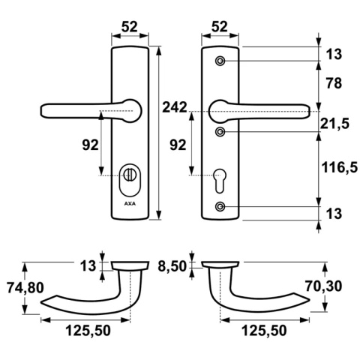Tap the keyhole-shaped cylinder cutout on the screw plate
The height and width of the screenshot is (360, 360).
pos(220,177)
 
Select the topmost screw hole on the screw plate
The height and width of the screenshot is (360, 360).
pos(220,60)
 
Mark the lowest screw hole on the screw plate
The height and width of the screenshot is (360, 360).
pos(220,207)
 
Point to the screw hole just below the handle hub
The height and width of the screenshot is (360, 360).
pos(220,132)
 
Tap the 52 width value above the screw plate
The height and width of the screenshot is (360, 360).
pos(220,26)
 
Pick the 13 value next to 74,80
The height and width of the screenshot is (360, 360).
pos(88,265)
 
